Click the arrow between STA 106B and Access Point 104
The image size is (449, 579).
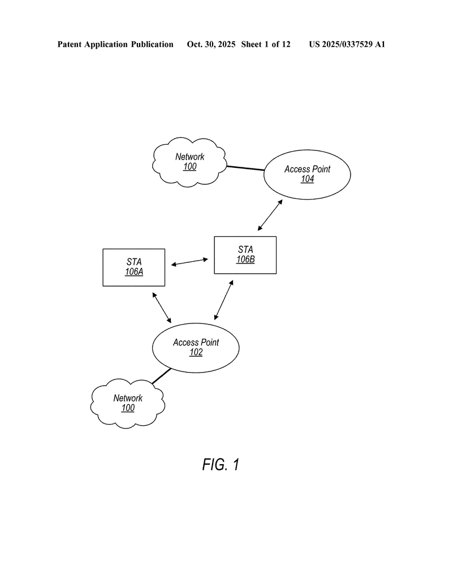point(269,215)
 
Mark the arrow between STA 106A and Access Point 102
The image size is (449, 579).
point(162,308)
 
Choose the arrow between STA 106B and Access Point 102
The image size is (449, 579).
point(224,300)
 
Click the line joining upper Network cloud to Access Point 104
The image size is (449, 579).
point(245,168)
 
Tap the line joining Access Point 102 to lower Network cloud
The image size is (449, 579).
point(161,376)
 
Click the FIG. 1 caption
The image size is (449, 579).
point(221,465)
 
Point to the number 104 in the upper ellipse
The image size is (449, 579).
point(307,179)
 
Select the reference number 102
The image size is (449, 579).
point(196,352)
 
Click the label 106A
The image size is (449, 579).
point(134,272)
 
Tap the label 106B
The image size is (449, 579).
point(245,260)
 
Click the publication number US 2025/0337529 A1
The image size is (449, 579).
point(347,44)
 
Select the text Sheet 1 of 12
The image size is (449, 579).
point(266,44)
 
